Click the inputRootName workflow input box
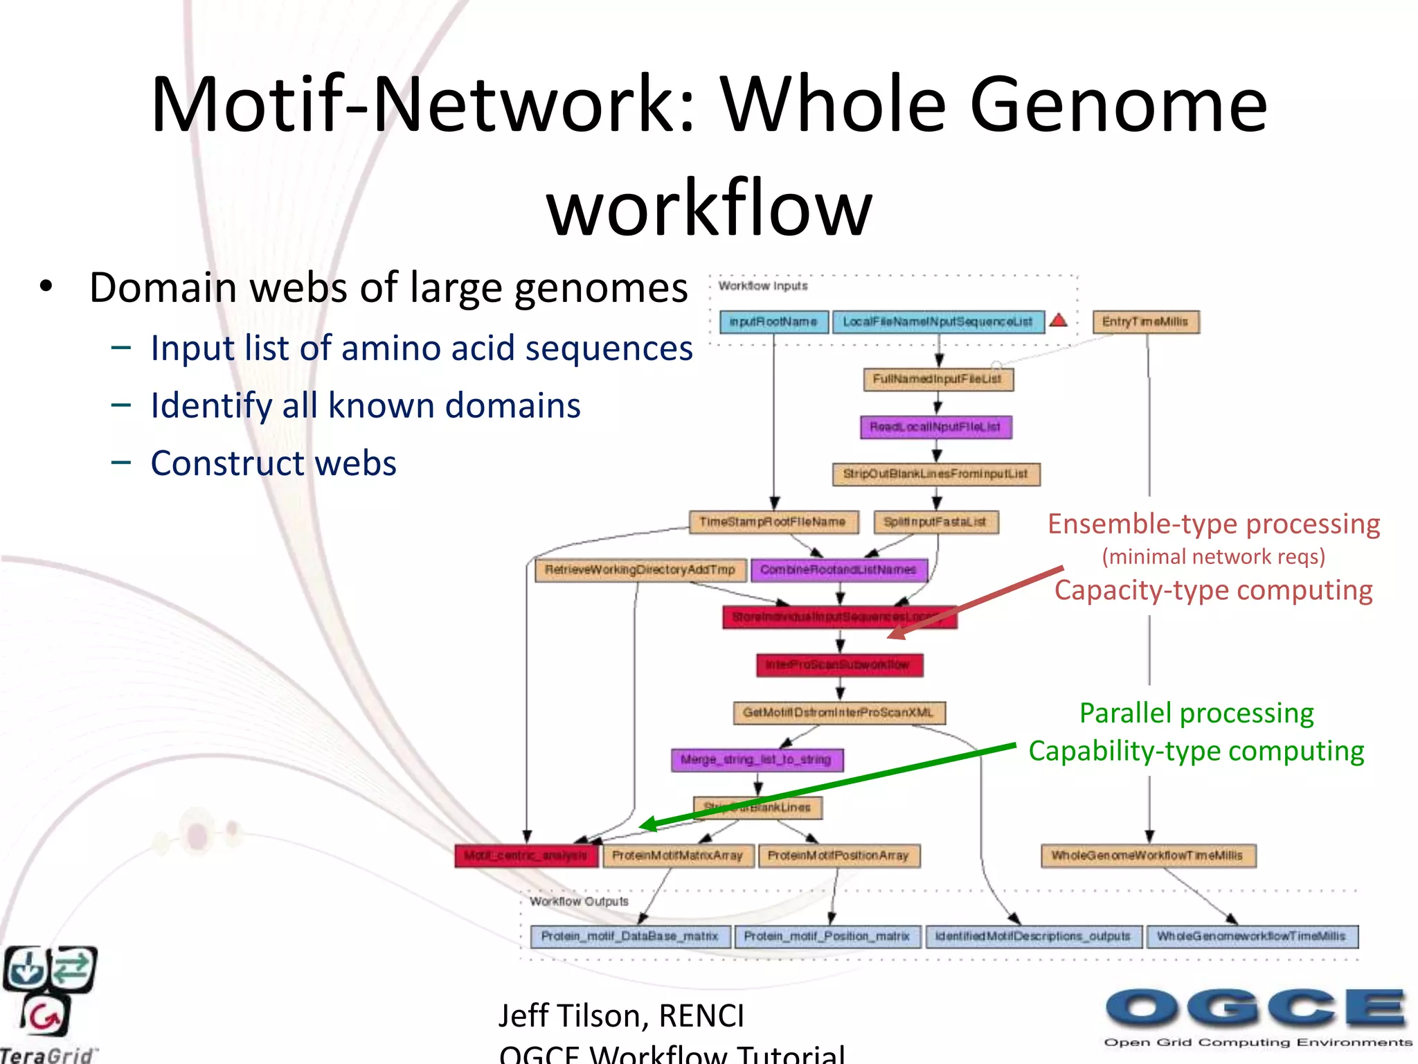point(773,322)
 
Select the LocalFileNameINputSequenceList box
point(937,322)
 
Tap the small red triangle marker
point(1058,320)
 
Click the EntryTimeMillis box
point(1145,322)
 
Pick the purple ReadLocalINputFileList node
point(935,427)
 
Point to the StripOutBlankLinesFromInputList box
point(935,475)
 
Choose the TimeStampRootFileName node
point(773,522)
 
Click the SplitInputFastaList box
point(935,522)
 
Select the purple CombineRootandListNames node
point(838,570)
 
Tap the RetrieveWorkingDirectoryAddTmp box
point(640,570)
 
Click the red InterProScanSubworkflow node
point(838,665)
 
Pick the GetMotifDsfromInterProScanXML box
point(838,713)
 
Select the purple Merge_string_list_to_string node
point(757,760)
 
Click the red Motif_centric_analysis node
point(526,856)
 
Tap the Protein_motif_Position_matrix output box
point(827,937)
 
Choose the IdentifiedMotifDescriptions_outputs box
point(1032,937)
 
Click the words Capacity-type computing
point(1213,590)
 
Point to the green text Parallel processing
point(1196,713)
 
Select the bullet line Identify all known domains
point(365,406)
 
